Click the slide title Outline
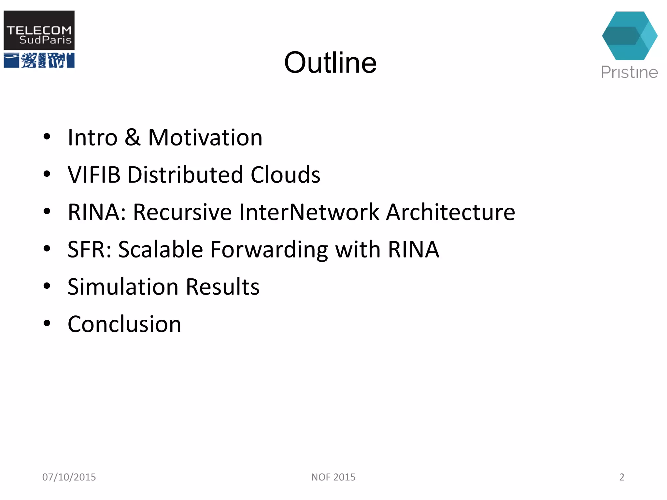330,62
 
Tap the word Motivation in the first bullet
205,137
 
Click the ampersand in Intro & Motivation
132,137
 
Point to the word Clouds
285,175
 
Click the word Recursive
182,212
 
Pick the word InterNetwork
309,212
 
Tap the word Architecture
450,212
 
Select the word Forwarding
269,250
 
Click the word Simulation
123,287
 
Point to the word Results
223,287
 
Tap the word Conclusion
124,325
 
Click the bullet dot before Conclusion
47,323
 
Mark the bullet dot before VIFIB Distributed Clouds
47,174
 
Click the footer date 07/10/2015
69,477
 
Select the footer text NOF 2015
333,477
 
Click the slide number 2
621,477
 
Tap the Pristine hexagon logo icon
629,36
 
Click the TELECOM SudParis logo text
39,35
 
